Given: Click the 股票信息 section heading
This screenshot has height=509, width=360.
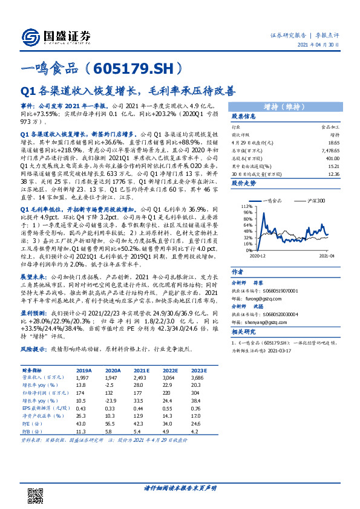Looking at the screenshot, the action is (244, 117).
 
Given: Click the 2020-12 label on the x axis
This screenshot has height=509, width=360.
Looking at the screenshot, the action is (250, 256).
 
